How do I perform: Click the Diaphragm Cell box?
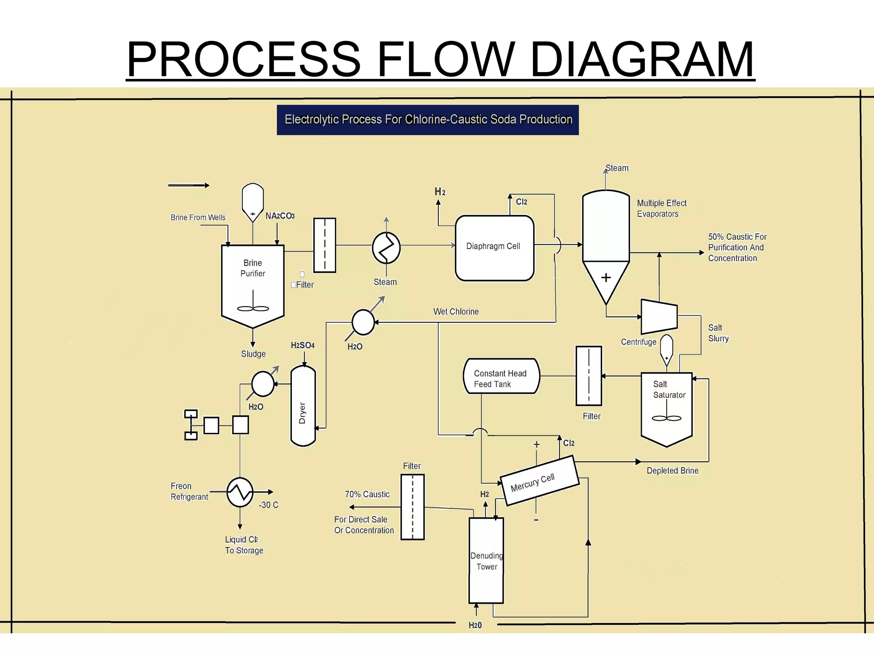point(494,248)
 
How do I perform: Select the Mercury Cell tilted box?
point(539,481)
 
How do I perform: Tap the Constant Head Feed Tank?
point(501,376)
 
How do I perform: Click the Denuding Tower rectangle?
point(486,560)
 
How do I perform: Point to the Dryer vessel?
point(303,406)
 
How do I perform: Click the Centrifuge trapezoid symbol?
point(659,317)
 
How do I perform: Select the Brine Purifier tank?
point(253,284)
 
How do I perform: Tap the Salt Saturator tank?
point(667,405)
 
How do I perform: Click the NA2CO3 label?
point(280,216)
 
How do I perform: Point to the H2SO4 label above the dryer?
point(303,345)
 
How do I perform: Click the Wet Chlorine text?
point(456,312)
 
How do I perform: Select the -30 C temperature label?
point(268,505)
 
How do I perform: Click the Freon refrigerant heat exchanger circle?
point(240,492)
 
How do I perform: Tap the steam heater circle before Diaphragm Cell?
point(386,248)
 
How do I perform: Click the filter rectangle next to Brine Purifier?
point(325,245)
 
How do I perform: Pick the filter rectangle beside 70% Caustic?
point(412,507)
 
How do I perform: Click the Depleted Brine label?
point(672,471)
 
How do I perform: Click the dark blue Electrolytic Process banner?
point(428,120)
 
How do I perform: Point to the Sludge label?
point(253,354)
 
